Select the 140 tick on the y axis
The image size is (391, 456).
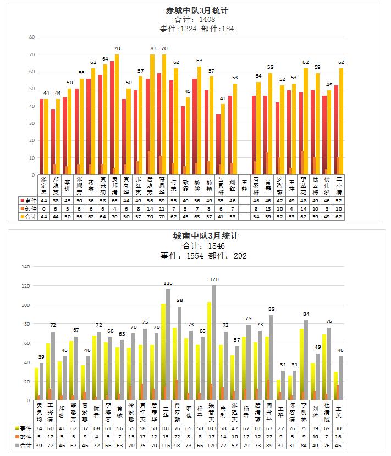[24, 267]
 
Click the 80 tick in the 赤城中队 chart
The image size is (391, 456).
[31, 37]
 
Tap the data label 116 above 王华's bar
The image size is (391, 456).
[168, 283]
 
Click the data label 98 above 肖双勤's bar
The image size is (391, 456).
[179, 300]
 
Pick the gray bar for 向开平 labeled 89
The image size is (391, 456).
[272, 358]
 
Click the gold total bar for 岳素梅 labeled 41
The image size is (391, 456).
[223, 140]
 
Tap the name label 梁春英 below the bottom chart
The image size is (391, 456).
[211, 412]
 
